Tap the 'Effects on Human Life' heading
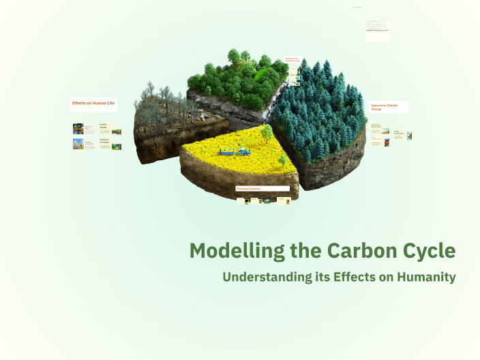93,104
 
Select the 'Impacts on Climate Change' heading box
389,106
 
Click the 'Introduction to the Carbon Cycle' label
292,60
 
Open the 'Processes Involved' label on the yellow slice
262,188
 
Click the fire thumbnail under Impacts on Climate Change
387,142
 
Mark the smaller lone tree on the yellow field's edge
282,161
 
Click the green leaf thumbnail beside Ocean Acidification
409,136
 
